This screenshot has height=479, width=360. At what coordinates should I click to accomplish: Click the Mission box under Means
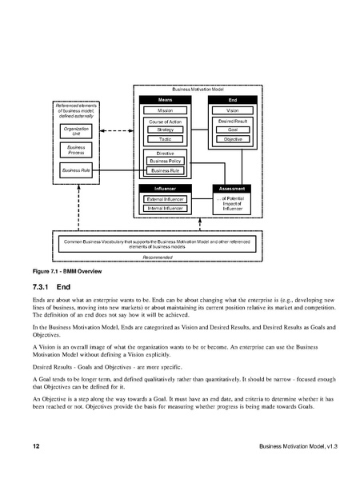pyautogui.click(x=166, y=110)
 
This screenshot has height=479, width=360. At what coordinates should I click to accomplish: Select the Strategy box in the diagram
pyautogui.click(x=166, y=130)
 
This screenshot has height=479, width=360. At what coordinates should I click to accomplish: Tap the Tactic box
pyautogui.click(x=166, y=139)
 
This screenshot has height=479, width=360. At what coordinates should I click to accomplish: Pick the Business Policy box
pyautogui.click(x=166, y=161)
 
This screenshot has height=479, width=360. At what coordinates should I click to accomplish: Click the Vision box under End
pyautogui.click(x=233, y=110)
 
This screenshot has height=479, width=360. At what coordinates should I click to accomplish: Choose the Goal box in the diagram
pyautogui.click(x=233, y=130)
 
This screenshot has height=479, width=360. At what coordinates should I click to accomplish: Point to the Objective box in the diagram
pyautogui.click(x=233, y=139)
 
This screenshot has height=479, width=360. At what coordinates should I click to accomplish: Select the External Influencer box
pyautogui.click(x=166, y=198)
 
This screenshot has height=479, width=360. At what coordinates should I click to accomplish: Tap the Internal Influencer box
pyautogui.click(x=166, y=208)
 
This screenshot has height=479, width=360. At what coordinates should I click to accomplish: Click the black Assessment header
pyautogui.click(x=233, y=189)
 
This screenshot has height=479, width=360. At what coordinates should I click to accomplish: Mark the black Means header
pyautogui.click(x=166, y=100)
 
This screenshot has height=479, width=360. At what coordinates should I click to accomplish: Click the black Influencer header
pyautogui.click(x=166, y=189)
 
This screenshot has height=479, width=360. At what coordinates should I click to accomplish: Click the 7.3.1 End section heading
pyautogui.click(x=52, y=286)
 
